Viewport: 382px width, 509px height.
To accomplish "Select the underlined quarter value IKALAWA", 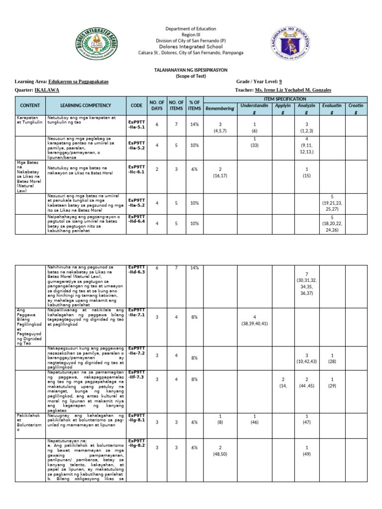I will [x=46, y=90].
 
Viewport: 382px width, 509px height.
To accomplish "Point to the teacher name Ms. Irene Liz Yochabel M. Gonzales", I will [x=292, y=90].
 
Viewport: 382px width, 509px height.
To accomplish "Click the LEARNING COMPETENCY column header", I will [x=86, y=106].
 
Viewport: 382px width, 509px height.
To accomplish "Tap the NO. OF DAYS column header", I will [x=157, y=106].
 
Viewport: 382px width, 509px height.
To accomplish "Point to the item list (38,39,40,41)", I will [x=254, y=324].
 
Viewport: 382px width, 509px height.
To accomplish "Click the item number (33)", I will [x=254, y=146].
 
